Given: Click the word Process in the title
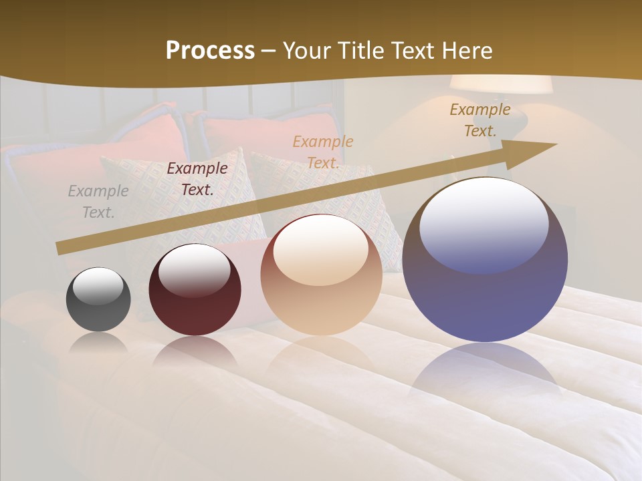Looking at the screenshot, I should (210, 50).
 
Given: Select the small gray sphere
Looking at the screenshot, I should (98, 300).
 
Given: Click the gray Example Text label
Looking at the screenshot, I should (98, 202).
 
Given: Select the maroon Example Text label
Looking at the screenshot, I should (197, 179).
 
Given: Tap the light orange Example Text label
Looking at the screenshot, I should (323, 152).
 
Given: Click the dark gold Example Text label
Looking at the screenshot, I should (480, 120).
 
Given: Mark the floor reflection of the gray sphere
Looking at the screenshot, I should (98, 342).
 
